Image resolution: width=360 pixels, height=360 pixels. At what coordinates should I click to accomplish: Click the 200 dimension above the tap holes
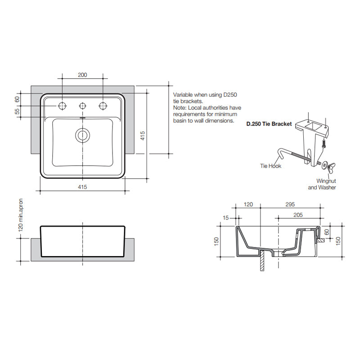click(x=82, y=75)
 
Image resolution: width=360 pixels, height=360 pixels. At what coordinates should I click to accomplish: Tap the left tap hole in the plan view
click(x=62, y=105)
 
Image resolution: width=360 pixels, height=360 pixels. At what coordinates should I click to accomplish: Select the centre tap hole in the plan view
click(x=82, y=106)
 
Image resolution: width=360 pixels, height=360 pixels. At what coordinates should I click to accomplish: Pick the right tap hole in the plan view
click(x=103, y=105)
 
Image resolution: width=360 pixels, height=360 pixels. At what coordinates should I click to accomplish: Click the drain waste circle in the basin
click(x=82, y=134)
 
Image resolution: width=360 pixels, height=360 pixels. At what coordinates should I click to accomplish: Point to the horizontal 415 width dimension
click(x=82, y=186)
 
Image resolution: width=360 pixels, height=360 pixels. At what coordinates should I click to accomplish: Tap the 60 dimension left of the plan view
click(x=18, y=99)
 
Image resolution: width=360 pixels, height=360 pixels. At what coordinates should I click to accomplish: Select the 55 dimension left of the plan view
click(x=18, y=111)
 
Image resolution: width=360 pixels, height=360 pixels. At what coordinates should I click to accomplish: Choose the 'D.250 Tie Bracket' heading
click(x=269, y=123)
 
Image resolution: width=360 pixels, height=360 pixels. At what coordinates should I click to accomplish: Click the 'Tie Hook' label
click(x=270, y=166)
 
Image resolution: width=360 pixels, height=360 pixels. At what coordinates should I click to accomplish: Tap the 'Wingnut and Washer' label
click(x=322, y=184)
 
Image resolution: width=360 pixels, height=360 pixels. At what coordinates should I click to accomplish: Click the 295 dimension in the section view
click(x=291, y=204)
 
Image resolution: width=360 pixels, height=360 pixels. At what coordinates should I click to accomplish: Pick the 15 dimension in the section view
click(x=226, y=218)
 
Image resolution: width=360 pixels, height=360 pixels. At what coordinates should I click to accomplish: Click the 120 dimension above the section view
click(x=248, y=204)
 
